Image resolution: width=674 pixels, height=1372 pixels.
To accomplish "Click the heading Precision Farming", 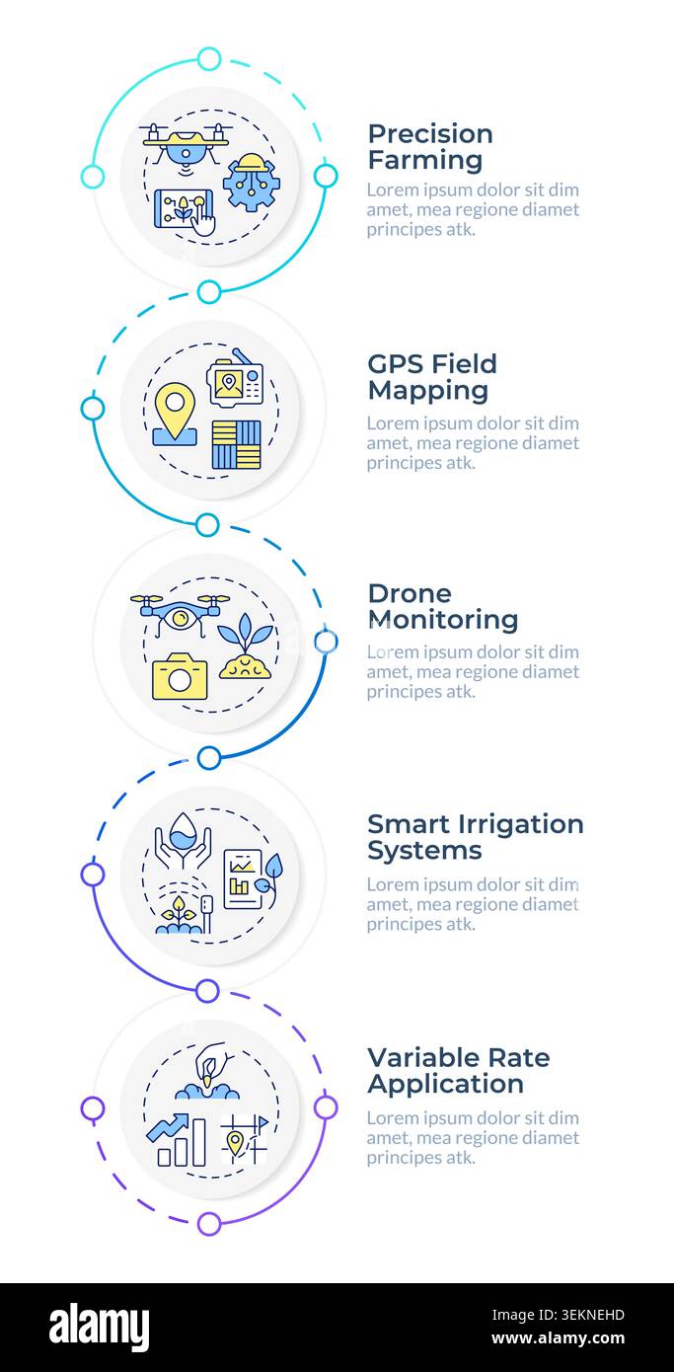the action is tap(429, 147).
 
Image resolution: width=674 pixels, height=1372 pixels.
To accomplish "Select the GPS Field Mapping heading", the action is tap(431, 377).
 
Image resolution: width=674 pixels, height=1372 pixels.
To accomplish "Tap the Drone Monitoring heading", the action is tap(443, 606).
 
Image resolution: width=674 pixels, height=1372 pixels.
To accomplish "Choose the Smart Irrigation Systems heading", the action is tap(475, 837).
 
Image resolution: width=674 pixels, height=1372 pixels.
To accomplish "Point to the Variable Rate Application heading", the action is tap(459, 1071).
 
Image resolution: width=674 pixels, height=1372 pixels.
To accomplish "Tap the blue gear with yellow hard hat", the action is tap(251, 183).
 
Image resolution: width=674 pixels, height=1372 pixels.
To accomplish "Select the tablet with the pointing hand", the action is tap(185, 211).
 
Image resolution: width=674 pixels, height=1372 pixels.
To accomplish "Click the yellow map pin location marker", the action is tap(175, 414).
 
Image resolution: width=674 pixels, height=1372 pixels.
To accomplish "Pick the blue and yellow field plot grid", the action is tap(236, 445).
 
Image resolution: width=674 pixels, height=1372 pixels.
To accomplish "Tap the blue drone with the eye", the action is tap(180, 614).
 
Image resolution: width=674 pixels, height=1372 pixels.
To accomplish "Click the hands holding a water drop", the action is tap(183, 840).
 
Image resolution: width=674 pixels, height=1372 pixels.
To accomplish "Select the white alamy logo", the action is tap(99, 1328).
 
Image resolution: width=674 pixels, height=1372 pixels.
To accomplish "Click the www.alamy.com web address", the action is tap(558, 1338).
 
